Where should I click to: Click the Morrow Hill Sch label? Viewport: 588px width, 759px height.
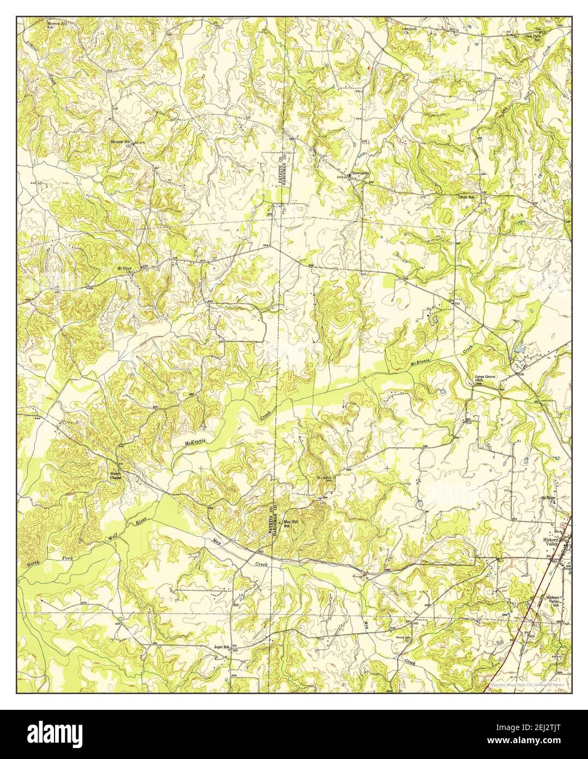click(x=59, y=26)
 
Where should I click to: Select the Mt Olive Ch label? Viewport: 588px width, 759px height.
click(x=124, y=269)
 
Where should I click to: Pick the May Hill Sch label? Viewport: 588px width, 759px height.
click(x=295, y=523)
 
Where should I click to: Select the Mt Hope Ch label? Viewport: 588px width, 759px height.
click(x=547, y=499)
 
